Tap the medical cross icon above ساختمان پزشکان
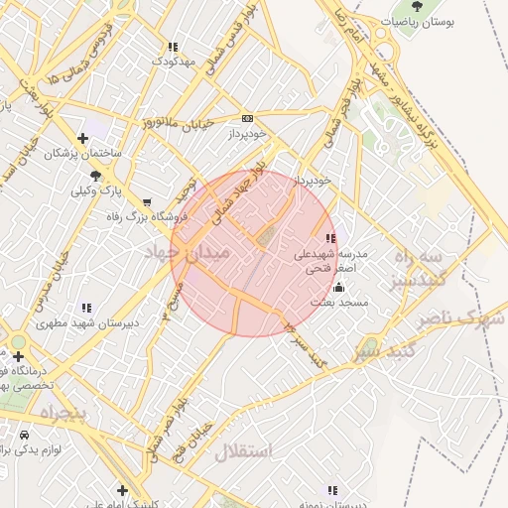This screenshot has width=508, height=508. (x=82, y=138)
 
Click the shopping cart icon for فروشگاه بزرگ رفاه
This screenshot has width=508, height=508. (x=148, y=201)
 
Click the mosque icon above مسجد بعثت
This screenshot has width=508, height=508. (x=339, y=287)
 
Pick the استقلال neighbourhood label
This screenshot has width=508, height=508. (x=242, y=451)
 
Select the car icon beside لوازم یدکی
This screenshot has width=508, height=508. (x=23, y=435)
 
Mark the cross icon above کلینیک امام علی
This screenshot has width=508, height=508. (x=122, y=490)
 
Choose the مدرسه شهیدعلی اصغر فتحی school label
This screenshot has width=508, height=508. (x=330, y=261)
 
